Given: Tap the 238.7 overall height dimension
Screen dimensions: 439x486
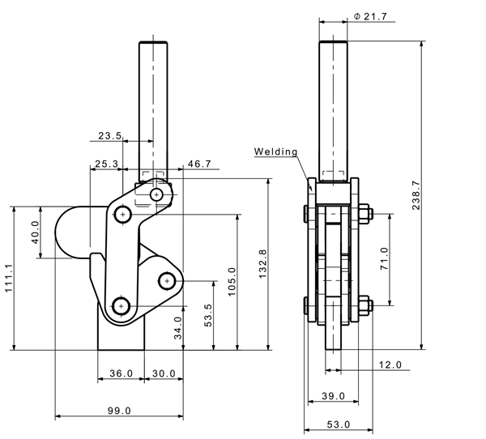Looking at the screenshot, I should tap(416, 194).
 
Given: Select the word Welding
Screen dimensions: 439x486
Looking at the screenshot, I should tap(276, 151).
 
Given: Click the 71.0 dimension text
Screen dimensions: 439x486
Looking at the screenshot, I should tap(385, 260).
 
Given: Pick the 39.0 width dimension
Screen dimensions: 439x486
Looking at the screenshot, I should tap(333, 396).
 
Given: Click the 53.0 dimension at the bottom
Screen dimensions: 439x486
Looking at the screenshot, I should tap(338, 424).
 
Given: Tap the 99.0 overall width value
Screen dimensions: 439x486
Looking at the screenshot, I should tap(118, 411).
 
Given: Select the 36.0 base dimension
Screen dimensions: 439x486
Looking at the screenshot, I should tap(121, 373).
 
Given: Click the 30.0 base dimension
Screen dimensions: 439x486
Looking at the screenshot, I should tap(165, 373).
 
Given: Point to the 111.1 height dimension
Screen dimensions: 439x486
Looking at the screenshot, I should tap(8, 279).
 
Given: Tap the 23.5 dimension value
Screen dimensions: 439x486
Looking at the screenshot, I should tap(109, 137).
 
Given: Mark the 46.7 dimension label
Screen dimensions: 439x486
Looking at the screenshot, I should tap(199, 164).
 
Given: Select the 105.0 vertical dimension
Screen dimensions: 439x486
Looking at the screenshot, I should tap(232, 282).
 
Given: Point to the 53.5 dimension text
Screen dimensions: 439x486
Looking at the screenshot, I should tap(207, 315).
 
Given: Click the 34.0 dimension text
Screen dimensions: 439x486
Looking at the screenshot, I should tap(179, 328).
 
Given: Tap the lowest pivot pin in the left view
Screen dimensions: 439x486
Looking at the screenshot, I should tap(122, 306).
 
